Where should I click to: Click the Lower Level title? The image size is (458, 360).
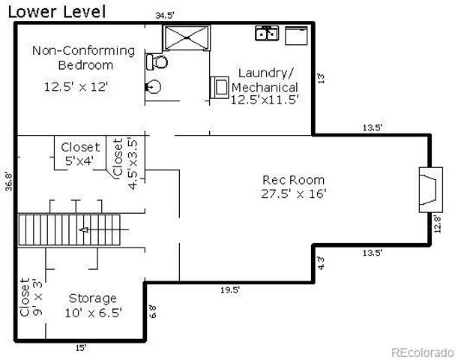click(57, 11)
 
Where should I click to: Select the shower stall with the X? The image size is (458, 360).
click(186, 37)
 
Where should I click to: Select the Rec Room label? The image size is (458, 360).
click(293, 179)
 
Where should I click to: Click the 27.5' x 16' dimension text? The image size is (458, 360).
click(293, 193)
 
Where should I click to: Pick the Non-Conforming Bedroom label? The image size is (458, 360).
click(83, 58)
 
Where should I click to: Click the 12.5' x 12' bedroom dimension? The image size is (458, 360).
click(76, 86)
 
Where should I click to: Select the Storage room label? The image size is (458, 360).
click(92, 298)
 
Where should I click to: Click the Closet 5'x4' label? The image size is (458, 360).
click(80, 154)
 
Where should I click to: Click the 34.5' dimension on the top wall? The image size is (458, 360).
click(166, 15)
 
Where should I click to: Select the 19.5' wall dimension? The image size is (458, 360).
click(229, 289)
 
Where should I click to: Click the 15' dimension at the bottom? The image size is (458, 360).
click(79, 346)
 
